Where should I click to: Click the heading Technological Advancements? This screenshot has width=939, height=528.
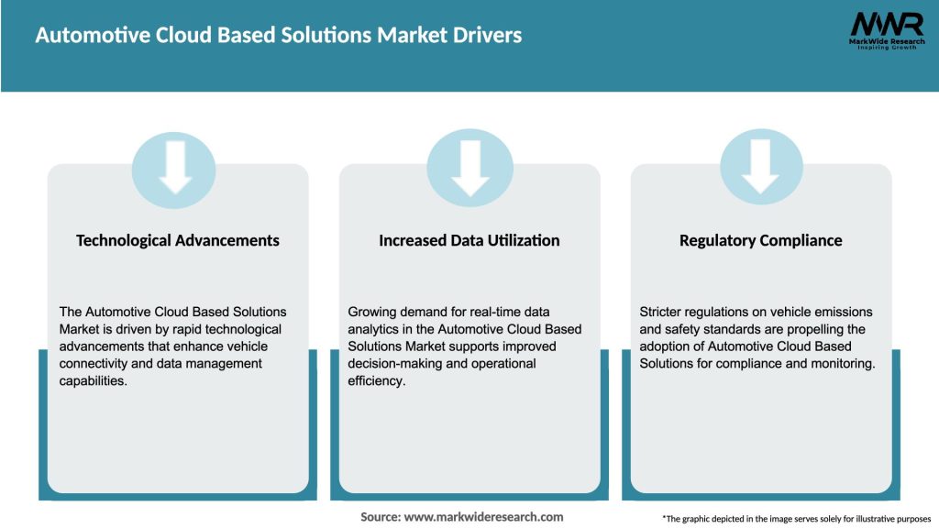tap(178, 240)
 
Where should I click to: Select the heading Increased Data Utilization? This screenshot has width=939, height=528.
tap(469, 240)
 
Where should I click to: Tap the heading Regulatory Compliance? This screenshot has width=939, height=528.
tap(761, 240)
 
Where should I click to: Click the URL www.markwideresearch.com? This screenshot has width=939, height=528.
tap(483, 517)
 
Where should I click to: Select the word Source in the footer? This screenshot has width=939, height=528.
tap(379, 517)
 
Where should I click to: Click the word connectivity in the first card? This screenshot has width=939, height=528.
tap(97, 364)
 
